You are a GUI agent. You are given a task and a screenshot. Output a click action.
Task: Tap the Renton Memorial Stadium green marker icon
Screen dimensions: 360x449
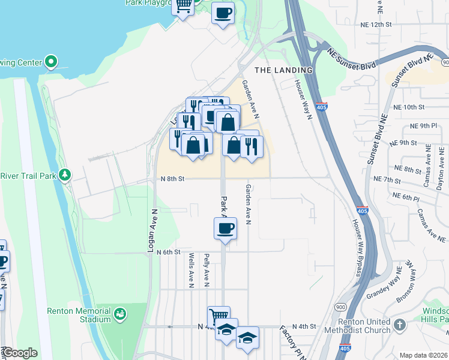(x=119, y=314)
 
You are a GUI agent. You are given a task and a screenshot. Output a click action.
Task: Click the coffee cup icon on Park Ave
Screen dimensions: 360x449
(x=225, y=228)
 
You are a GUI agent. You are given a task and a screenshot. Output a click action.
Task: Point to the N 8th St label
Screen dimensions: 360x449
(x=172, y=179)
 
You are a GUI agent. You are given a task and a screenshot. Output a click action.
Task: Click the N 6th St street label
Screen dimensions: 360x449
(x=169, y=253)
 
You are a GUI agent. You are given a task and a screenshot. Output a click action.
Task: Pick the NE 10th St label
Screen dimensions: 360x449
(x=410, y=107)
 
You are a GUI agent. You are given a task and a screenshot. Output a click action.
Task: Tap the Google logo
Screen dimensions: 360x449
(x=20, y=353)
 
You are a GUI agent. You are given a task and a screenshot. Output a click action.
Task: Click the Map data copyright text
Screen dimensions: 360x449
(x=424, y=355)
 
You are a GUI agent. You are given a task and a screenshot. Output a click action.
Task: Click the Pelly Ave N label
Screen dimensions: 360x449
(x=206, y=268)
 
